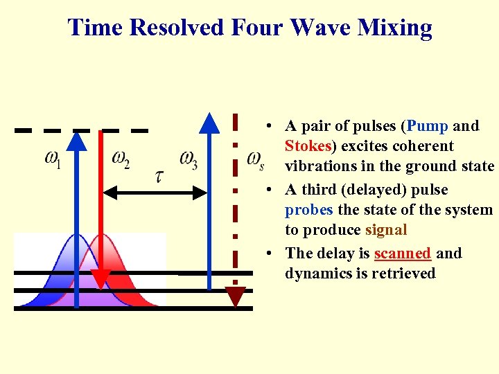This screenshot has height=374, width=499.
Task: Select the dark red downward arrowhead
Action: pos(236,296)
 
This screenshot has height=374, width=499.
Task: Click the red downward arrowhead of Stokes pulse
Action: pos(102,278)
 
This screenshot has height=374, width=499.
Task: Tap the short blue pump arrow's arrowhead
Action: pos(78,141)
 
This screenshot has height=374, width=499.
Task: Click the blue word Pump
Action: pos(428,126)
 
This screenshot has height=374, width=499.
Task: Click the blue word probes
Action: pos(308,210)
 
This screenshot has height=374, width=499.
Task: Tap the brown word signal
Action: pos(386,230)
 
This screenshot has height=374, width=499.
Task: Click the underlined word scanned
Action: pos(402,253)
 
